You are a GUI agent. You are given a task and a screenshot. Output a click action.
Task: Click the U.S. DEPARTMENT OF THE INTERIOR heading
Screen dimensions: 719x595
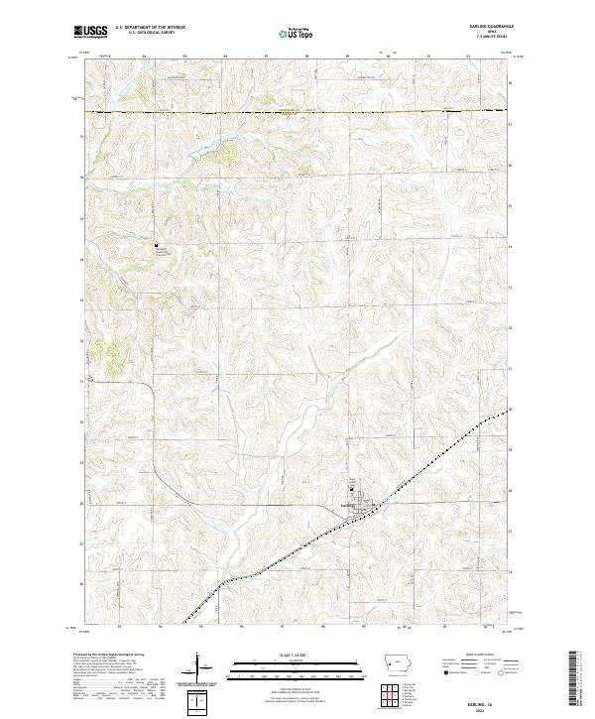click(x=150, y=28)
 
